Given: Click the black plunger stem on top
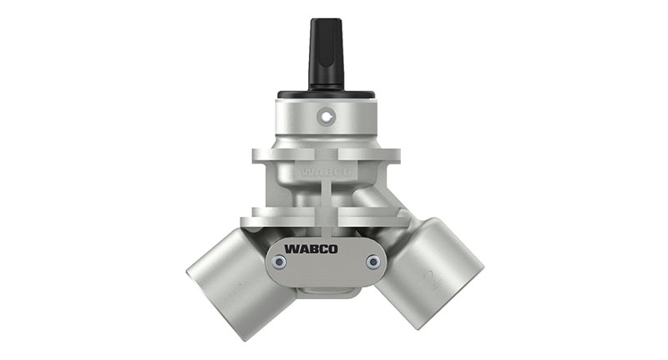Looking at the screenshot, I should pos(326,52).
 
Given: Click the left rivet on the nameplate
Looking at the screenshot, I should pos(280,262).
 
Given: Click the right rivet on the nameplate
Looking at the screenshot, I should pos(372,262).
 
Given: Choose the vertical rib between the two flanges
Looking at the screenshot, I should pos(326,196).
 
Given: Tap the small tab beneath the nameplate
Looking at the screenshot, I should pos(326,291).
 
